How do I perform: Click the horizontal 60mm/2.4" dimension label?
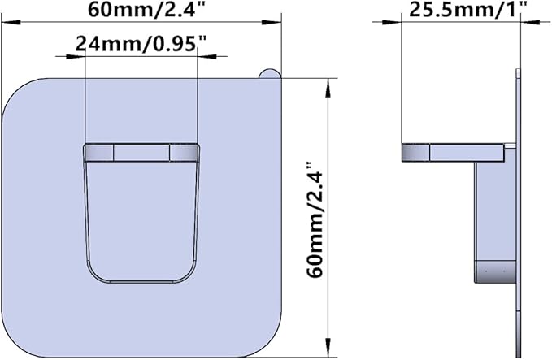click(x=146, y=9)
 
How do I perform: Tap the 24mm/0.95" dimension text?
click(x=141, y=44)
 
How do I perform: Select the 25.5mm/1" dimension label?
click(x=468, y=9)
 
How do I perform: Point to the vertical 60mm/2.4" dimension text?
click(x=315, y=219)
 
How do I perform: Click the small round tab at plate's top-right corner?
click(x=270, y=74)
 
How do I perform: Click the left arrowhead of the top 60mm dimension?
click(x=11, y=23)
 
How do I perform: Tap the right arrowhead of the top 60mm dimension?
click(x=272, y=23)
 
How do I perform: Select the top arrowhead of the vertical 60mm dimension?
click(x=328, y=88)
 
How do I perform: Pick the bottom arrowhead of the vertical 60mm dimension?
click(x=328, y=348)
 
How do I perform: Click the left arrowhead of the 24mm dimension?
click(x=76, y=56)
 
